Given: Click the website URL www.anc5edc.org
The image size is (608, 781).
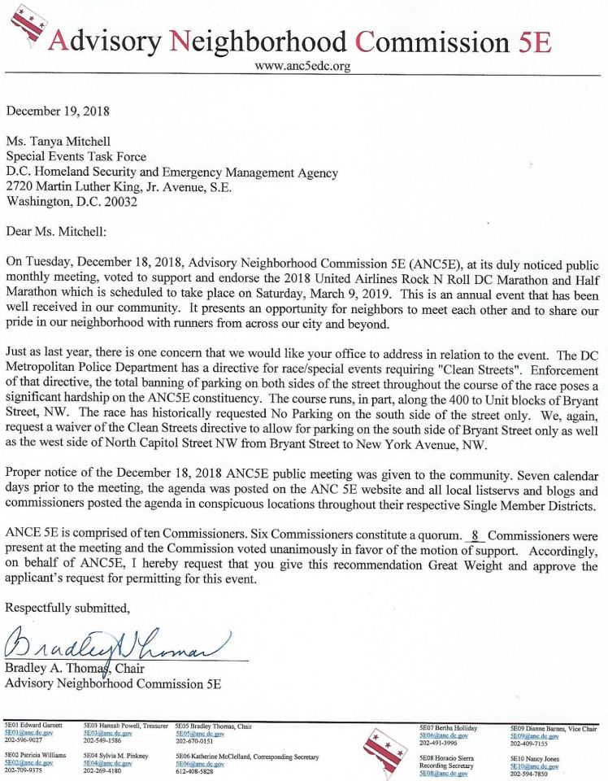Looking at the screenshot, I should click(302, 67).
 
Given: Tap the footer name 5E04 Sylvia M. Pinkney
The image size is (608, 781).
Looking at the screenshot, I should click(115, 756).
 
